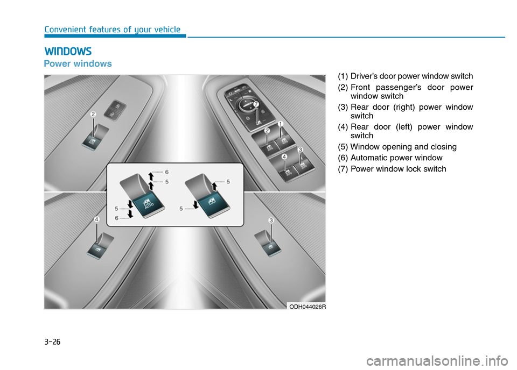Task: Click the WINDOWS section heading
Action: [68, 52]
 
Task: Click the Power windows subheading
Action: [78, 63]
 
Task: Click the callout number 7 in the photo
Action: [256, 103]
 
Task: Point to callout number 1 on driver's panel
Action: [281, 124]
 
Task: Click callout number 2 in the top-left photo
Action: [93, 114]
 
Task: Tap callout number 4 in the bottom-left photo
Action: [96, 219]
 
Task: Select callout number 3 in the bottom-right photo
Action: [272, 220]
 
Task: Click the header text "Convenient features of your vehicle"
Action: [113, 30]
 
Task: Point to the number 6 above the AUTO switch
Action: [166, 171]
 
